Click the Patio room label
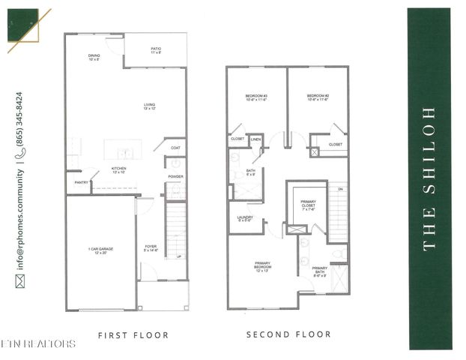[x=156, y=51]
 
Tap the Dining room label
[x=94, y=57]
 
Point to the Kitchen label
[x=119, y=170]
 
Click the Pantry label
[x=81, y=182]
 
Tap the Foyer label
[x=151, y=248]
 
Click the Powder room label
[x=175, y=177]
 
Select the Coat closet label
[x=175, y=148]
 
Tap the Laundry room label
[x=245, y=219]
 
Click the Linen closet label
[x=255, y=139]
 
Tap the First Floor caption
[x=133, y=335]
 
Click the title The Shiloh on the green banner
[x=430, y=178]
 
